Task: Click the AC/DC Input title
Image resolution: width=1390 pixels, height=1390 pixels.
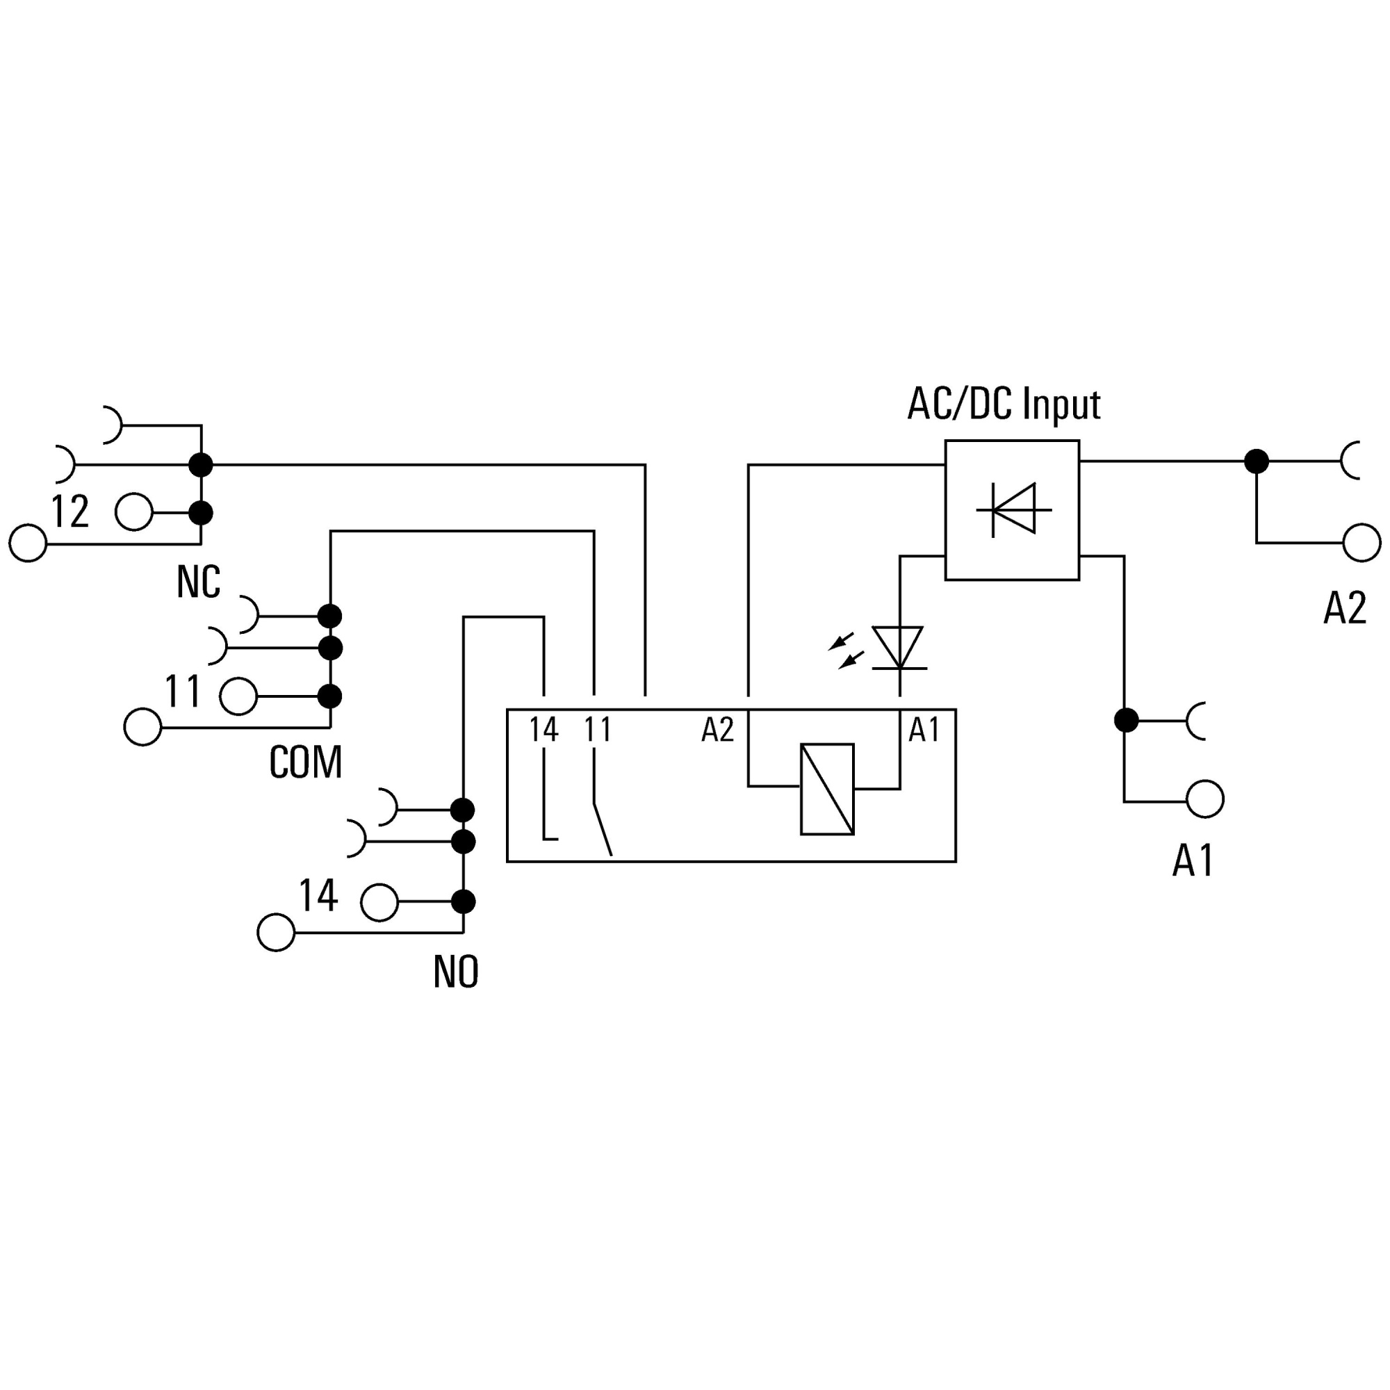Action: pyautogui.click(x=1004, y=405)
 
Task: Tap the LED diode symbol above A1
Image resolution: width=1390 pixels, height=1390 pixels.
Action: pyautogui.click(x=899, y=648)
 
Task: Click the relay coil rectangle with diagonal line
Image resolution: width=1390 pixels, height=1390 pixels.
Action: pyautogui.click(x=827, y=790)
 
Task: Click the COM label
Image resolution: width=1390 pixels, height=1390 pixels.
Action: pyautogui.click(x=306, y=762)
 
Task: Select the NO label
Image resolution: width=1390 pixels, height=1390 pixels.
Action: pyautogui.click(x=456, y=972)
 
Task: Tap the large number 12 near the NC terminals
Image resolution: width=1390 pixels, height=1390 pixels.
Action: pyautogui.click(x=70, y=512)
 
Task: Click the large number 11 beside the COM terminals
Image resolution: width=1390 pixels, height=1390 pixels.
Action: pyautogui.click(x=183, y=692)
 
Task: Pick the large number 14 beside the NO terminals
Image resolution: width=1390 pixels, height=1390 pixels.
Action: pyautogui.click(x=318, y=895)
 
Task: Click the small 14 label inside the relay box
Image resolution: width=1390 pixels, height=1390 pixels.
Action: pyautogui.click(x=544, y=730)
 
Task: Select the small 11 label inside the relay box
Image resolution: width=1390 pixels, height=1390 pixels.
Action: pyautogui.click(x=597, y=730)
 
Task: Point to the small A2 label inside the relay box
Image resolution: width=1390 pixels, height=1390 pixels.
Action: pyautogui.click(x=717, y=730)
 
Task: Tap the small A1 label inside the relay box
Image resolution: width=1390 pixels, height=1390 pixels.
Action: pyautogui.click(x=924, y=730)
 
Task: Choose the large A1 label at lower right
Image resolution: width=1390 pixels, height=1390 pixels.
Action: pyautogui.click(x=1193, y=860)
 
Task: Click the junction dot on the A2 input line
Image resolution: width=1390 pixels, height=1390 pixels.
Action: pyautogui.click(x=1257, y=461)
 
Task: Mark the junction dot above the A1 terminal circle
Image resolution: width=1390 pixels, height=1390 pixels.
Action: pyautogui.click(x=1126, y=719)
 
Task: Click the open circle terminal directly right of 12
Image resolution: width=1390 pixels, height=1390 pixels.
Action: pyautogui.click(x=134, y=512)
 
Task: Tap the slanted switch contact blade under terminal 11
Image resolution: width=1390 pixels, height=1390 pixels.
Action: pyautogui.click(x=603, y=829)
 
